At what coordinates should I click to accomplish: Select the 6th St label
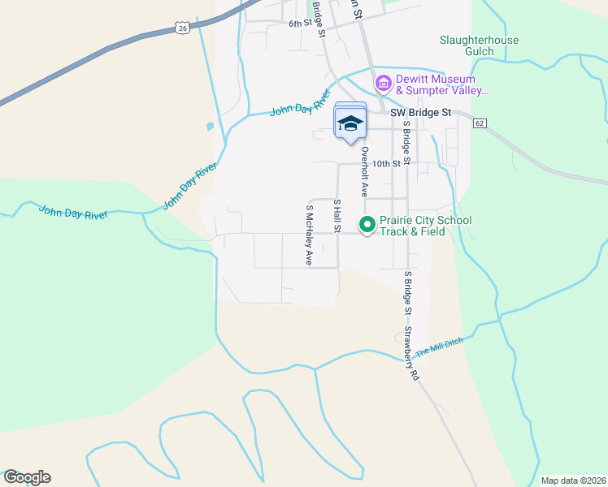(x=301, y=24)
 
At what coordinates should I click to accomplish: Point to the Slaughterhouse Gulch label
(x=479, y=45)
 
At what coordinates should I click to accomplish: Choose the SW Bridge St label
(x=420, y=113)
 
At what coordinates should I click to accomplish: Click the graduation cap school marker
(x=350, y=123)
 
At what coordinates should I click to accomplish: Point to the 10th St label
(x=387, y=163)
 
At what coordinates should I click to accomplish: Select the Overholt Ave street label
(x=365, y=172)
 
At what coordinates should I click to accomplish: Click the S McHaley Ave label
(x=309, y=235)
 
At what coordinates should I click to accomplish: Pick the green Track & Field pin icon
(x=367, y=225)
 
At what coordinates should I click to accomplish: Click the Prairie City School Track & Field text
(x=425, y=226)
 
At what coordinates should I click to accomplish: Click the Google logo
(x=27, y=477)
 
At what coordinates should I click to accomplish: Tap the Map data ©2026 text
(x=572, y=481)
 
